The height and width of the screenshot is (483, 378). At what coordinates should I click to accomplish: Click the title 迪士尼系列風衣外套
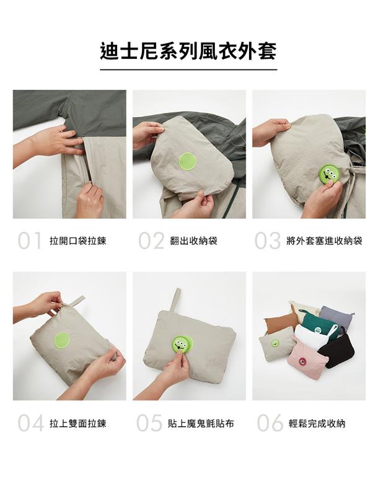[188, 51]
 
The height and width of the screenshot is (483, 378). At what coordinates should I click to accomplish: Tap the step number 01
[29, 241]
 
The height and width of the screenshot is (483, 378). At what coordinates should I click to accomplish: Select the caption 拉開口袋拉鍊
[78, 241]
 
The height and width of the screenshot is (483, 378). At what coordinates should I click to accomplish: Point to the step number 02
[151, 241]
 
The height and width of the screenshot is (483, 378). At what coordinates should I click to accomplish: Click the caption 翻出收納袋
[194, 241]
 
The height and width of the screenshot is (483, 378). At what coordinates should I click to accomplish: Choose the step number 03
[268, 241]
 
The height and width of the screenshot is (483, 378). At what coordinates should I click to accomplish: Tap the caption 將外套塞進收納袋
[325, 241]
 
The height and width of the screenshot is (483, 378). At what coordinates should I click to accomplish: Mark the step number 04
[31, 423]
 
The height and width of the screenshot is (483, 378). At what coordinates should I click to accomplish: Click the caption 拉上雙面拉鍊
[78, 423]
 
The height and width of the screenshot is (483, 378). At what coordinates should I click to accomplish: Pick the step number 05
[149, 423]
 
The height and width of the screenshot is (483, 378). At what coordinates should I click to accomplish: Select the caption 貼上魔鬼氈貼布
[201, 423]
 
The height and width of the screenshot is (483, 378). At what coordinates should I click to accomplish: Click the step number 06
[270, 423]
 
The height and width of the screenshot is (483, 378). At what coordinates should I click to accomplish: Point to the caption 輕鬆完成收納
[317, 423]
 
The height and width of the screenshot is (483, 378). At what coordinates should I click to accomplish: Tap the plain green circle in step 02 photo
[188, 162]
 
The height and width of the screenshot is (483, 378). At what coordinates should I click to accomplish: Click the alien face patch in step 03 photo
[328, 175]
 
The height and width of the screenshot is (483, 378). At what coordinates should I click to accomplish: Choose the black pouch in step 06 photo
[337, 350]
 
